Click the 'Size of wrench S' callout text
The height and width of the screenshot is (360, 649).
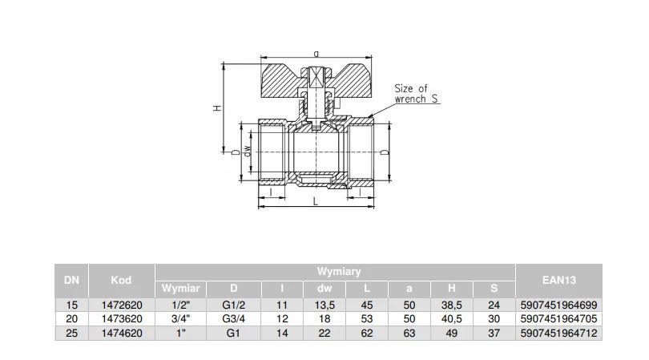coord(416,94)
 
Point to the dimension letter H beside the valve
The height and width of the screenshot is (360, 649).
coord(217,107)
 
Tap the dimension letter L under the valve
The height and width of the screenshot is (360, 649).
coord(316,202)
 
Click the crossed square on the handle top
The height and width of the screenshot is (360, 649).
coord(316,77)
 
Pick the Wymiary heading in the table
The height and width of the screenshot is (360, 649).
coord(339,271)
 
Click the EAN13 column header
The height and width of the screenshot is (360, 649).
coord(558,280)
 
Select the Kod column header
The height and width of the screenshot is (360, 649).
coord(121,280)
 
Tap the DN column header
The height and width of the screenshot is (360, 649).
coord(71,280)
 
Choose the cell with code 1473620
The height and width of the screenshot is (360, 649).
coord(122,319)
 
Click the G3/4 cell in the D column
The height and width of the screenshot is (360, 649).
coord(234,319)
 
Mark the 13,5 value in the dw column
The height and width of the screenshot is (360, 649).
coord(324,305)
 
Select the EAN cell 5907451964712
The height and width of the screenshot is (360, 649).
coord(558,333)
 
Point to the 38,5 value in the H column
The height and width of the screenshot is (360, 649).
coord(452,305)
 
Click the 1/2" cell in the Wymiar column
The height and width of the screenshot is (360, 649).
coord(181,305)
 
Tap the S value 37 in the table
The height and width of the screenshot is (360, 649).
coord(494,333)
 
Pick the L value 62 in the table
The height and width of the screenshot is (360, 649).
coord(367,333)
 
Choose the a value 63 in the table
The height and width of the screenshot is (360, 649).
coord(409,333)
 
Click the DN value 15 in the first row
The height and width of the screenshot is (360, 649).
coord(71,305)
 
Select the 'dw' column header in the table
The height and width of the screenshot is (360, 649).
coord(324,289)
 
